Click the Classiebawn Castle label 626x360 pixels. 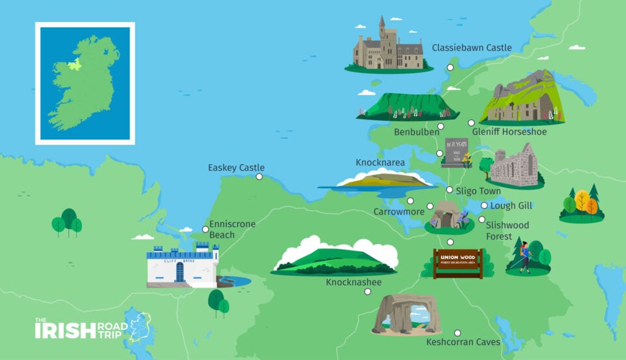471,48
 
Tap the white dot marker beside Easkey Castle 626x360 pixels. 260,176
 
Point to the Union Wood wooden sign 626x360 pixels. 458,262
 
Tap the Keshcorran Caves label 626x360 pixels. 463,342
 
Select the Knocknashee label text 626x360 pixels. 354,282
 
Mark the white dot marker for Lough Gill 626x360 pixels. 484,205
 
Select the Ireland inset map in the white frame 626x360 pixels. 85,83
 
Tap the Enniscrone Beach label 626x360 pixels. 231,229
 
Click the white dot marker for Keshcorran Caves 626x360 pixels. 458,333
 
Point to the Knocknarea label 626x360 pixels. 380,162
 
